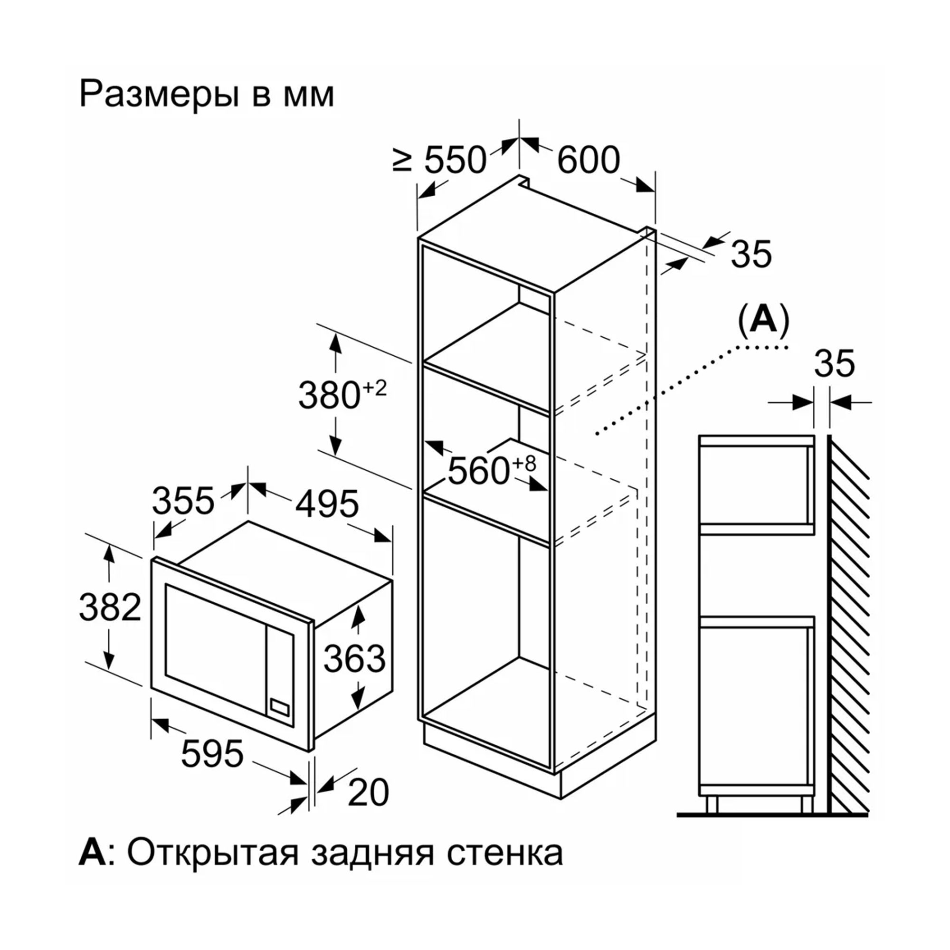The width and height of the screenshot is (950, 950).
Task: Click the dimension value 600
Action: point(589,160)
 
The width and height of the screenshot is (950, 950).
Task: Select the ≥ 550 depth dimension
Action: point(440,160)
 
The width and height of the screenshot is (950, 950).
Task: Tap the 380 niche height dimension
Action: point(330,395)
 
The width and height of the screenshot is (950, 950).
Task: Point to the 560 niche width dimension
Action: point(478,471)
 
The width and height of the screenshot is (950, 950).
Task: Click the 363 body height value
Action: point(354,658)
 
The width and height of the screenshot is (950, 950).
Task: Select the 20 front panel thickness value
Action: point(368,793)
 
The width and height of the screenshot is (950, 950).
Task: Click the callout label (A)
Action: point(764,320)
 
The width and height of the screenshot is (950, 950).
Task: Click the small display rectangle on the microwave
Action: point(278,708)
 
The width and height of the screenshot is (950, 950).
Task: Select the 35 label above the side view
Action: point(835,364)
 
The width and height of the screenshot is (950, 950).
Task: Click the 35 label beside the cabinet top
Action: point(751,254)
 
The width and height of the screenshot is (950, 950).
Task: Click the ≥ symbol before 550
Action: point(402,160)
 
